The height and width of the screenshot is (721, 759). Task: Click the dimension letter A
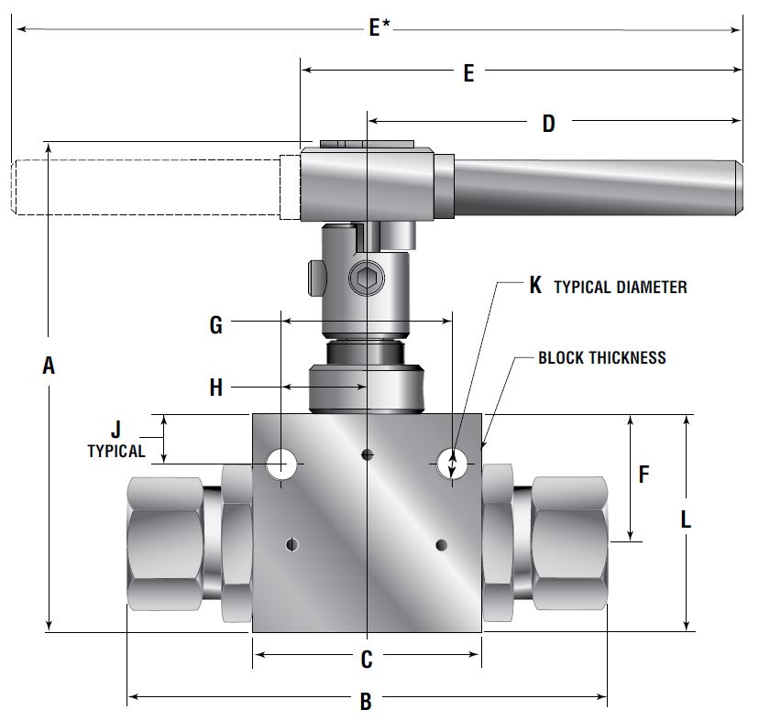tap(49, 366)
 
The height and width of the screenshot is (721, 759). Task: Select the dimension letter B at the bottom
tap(366, 702)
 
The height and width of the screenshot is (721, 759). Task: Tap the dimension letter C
tap(366, 658)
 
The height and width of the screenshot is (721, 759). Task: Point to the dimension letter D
tap(548, 124)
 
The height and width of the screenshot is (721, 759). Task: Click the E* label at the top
tap(378, 28)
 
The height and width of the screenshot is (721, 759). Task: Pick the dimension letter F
tap(643, 475)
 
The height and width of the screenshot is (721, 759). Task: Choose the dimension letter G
tap(215, 324)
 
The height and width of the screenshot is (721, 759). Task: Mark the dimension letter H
tap(215, 388)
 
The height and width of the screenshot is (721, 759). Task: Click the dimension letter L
tap(685, 519)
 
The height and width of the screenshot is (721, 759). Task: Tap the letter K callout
tap(535, 285)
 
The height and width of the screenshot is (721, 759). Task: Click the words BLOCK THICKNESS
tap(601, 357)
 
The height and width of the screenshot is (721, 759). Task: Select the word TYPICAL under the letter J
tap(115, 451)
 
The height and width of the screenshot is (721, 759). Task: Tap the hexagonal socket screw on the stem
tap(364, 279)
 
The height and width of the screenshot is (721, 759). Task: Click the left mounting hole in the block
tap(281, 464)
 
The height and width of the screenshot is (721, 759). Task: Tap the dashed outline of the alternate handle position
tap(147, 189)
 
